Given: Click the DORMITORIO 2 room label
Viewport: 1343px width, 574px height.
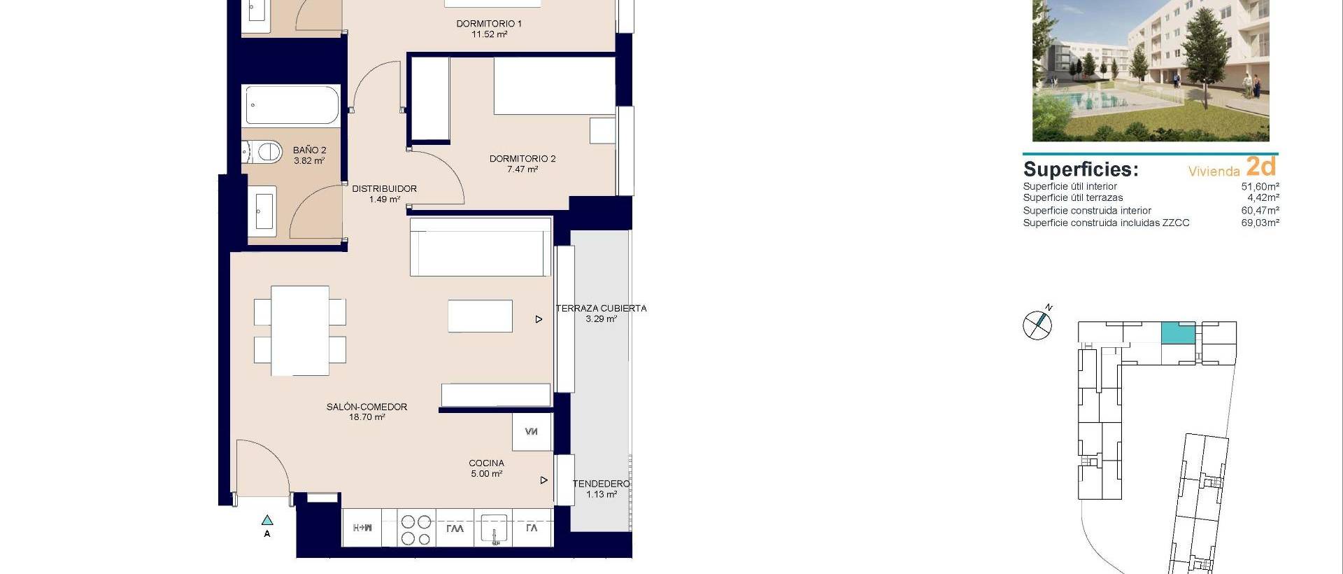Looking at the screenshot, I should pyautogui.click(x=522, y=159).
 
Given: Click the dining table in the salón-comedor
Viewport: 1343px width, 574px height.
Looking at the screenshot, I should pyautogui.click(x=300, y=330).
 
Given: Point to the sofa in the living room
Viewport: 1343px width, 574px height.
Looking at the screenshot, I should pyautogui.click(x=480, y=247).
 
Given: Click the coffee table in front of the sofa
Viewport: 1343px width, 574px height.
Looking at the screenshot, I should pyautogui.click(x=480, y=316).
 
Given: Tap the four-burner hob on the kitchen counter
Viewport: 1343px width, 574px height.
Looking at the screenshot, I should pyautogui.click(x=415, y=530).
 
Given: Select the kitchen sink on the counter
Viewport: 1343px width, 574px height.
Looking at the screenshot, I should pyautogui.click(x=494, y=528).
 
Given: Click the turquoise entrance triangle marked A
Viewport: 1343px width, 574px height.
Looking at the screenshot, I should pyautogui.click(x=267, y=520).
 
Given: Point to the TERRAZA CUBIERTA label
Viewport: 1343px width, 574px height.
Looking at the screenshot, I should pyautogui.click(x=601, y=308).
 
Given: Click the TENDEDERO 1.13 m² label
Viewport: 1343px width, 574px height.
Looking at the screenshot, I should pyautogui.click(x=601, y=489).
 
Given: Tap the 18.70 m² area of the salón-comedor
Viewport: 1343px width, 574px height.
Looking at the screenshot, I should pyautogui.click(x=367, y=417).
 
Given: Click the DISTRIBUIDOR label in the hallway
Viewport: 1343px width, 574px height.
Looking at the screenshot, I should pyautogui.click(x=384, y=189).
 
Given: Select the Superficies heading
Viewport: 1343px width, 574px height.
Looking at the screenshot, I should pyautogui.click(x=1080, y=169).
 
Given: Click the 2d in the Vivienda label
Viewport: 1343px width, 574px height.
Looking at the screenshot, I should pyautogui.click(x=1261, y=167).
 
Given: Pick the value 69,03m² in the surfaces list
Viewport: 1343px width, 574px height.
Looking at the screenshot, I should pyautogui.click(x=1260, y=223).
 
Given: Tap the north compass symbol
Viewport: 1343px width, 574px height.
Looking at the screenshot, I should pyautogui.click(x=1037, y=324).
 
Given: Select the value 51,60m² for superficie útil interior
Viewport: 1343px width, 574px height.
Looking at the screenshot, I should pyautogui.click(x=1260, y=187).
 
